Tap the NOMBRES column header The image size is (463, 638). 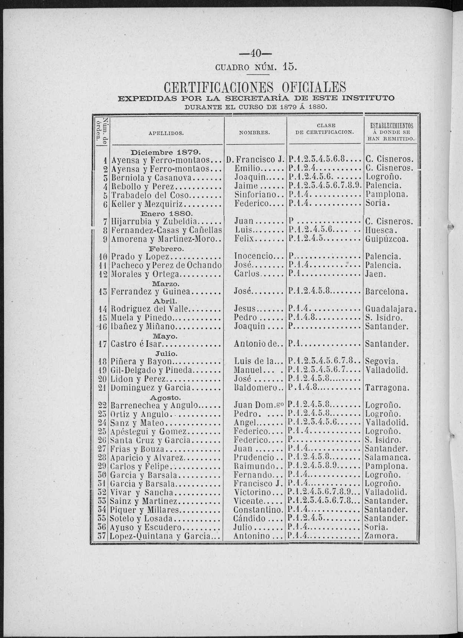click(255, 132)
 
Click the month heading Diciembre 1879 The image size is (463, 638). click(166, 152)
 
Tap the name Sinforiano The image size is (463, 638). click(255, 194)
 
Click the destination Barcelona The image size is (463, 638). click(387, 292)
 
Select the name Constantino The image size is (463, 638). click(258, 510)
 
